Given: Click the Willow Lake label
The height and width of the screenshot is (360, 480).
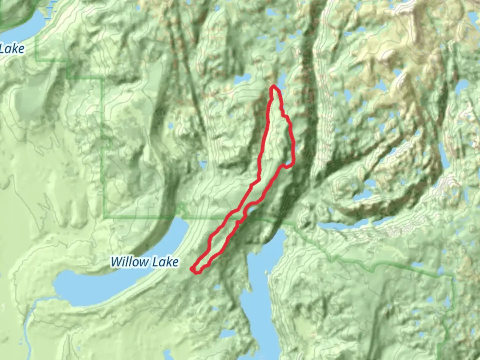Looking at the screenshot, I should pyautogui.click(x=145, y=262).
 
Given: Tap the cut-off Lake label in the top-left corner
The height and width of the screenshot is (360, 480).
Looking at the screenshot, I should pyautogui.click(x=12, y=49).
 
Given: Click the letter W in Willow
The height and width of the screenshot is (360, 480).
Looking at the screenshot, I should pyautogui.click(x=117, y=262).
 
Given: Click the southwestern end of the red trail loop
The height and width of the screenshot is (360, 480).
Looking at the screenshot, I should pyautogui.click(x=193, y=269).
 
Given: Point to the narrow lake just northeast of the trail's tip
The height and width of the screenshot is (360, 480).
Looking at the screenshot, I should pyautogui.click(x=282, y=80).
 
